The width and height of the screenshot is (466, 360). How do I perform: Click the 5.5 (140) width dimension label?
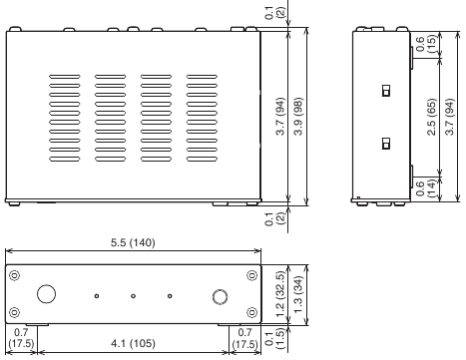[x=132, y=242]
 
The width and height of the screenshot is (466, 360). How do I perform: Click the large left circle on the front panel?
[x=45, y=294]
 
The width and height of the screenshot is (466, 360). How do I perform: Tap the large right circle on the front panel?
[x=221, y=294]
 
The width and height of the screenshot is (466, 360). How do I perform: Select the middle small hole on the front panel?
[x=133, y=295]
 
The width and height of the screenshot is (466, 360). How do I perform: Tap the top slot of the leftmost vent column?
[x=65, y=75]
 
